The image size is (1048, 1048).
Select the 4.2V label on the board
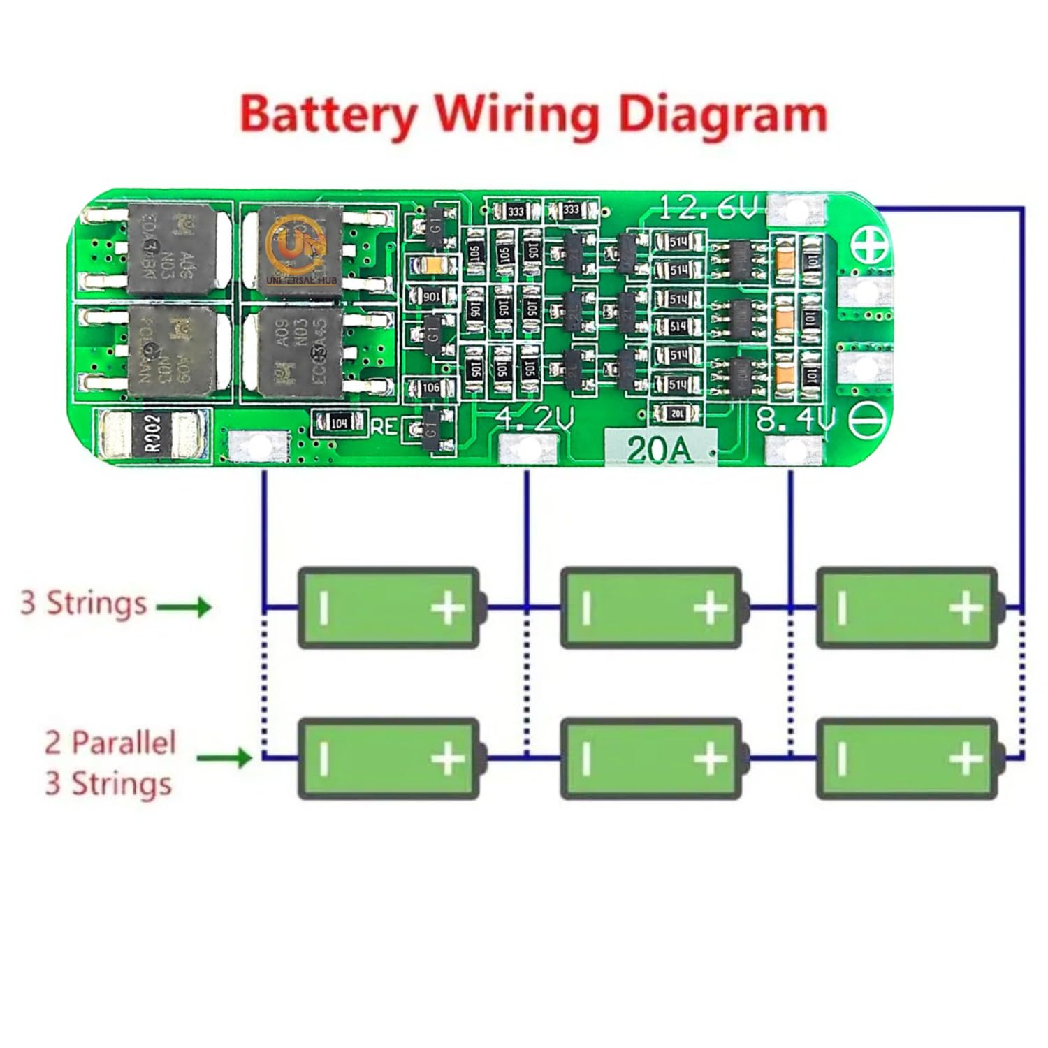534,419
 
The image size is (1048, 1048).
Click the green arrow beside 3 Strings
184,606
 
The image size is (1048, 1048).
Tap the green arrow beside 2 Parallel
224,757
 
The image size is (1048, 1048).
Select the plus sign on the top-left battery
448,608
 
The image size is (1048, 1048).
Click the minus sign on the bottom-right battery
843,758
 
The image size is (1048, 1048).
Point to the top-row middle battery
651,607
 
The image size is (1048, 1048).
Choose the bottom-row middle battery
651,758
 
